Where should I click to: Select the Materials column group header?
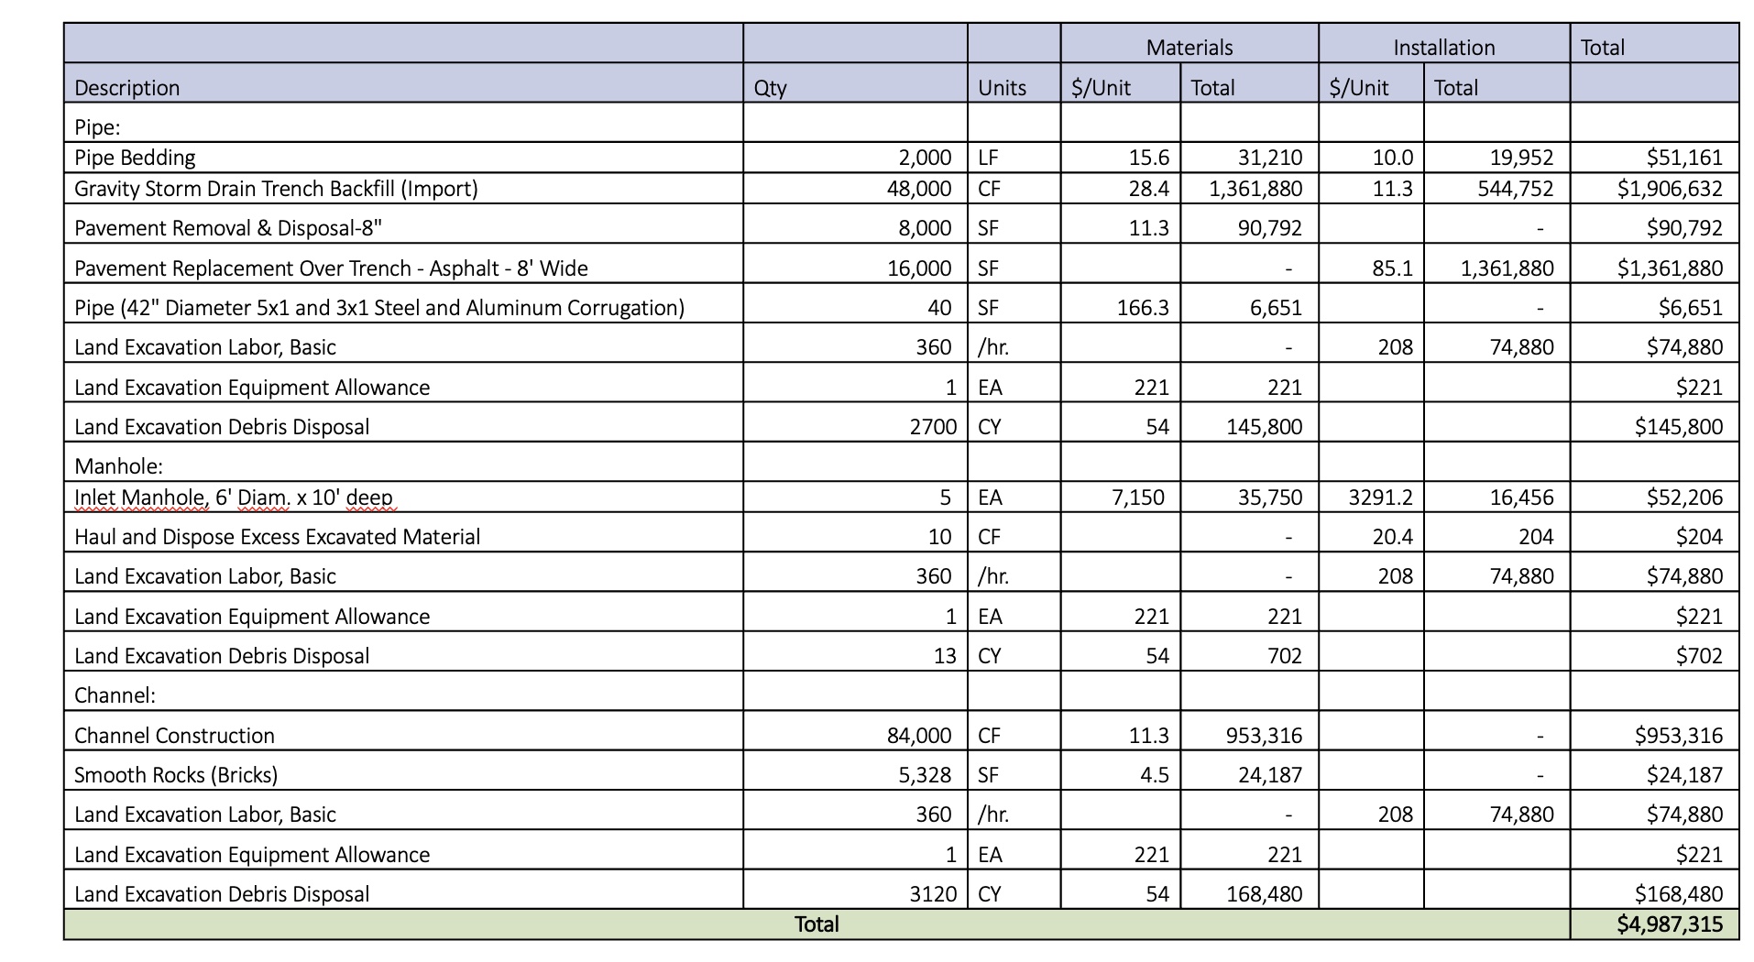click(1189, 48)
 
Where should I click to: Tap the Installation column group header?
click(1443, 48)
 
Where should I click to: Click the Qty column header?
click(770, 88)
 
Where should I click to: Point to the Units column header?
click(1002, 88)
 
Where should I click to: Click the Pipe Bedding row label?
click(135, 158)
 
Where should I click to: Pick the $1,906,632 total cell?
click(1670, 189)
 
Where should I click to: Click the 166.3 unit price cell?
click(1143, 308)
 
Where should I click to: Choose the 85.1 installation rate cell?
click(1392, 268)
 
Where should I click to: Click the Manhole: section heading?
click(118, 466)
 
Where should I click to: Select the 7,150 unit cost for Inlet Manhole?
click(1137, 497)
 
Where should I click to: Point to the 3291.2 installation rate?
click(1380, 497)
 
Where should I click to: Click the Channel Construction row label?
click(174, 736)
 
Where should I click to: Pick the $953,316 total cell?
click(1679, 736)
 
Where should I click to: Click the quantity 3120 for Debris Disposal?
click(933, 894)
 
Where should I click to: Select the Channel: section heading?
click(115, 695)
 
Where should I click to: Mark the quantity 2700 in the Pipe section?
click(933, 427)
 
